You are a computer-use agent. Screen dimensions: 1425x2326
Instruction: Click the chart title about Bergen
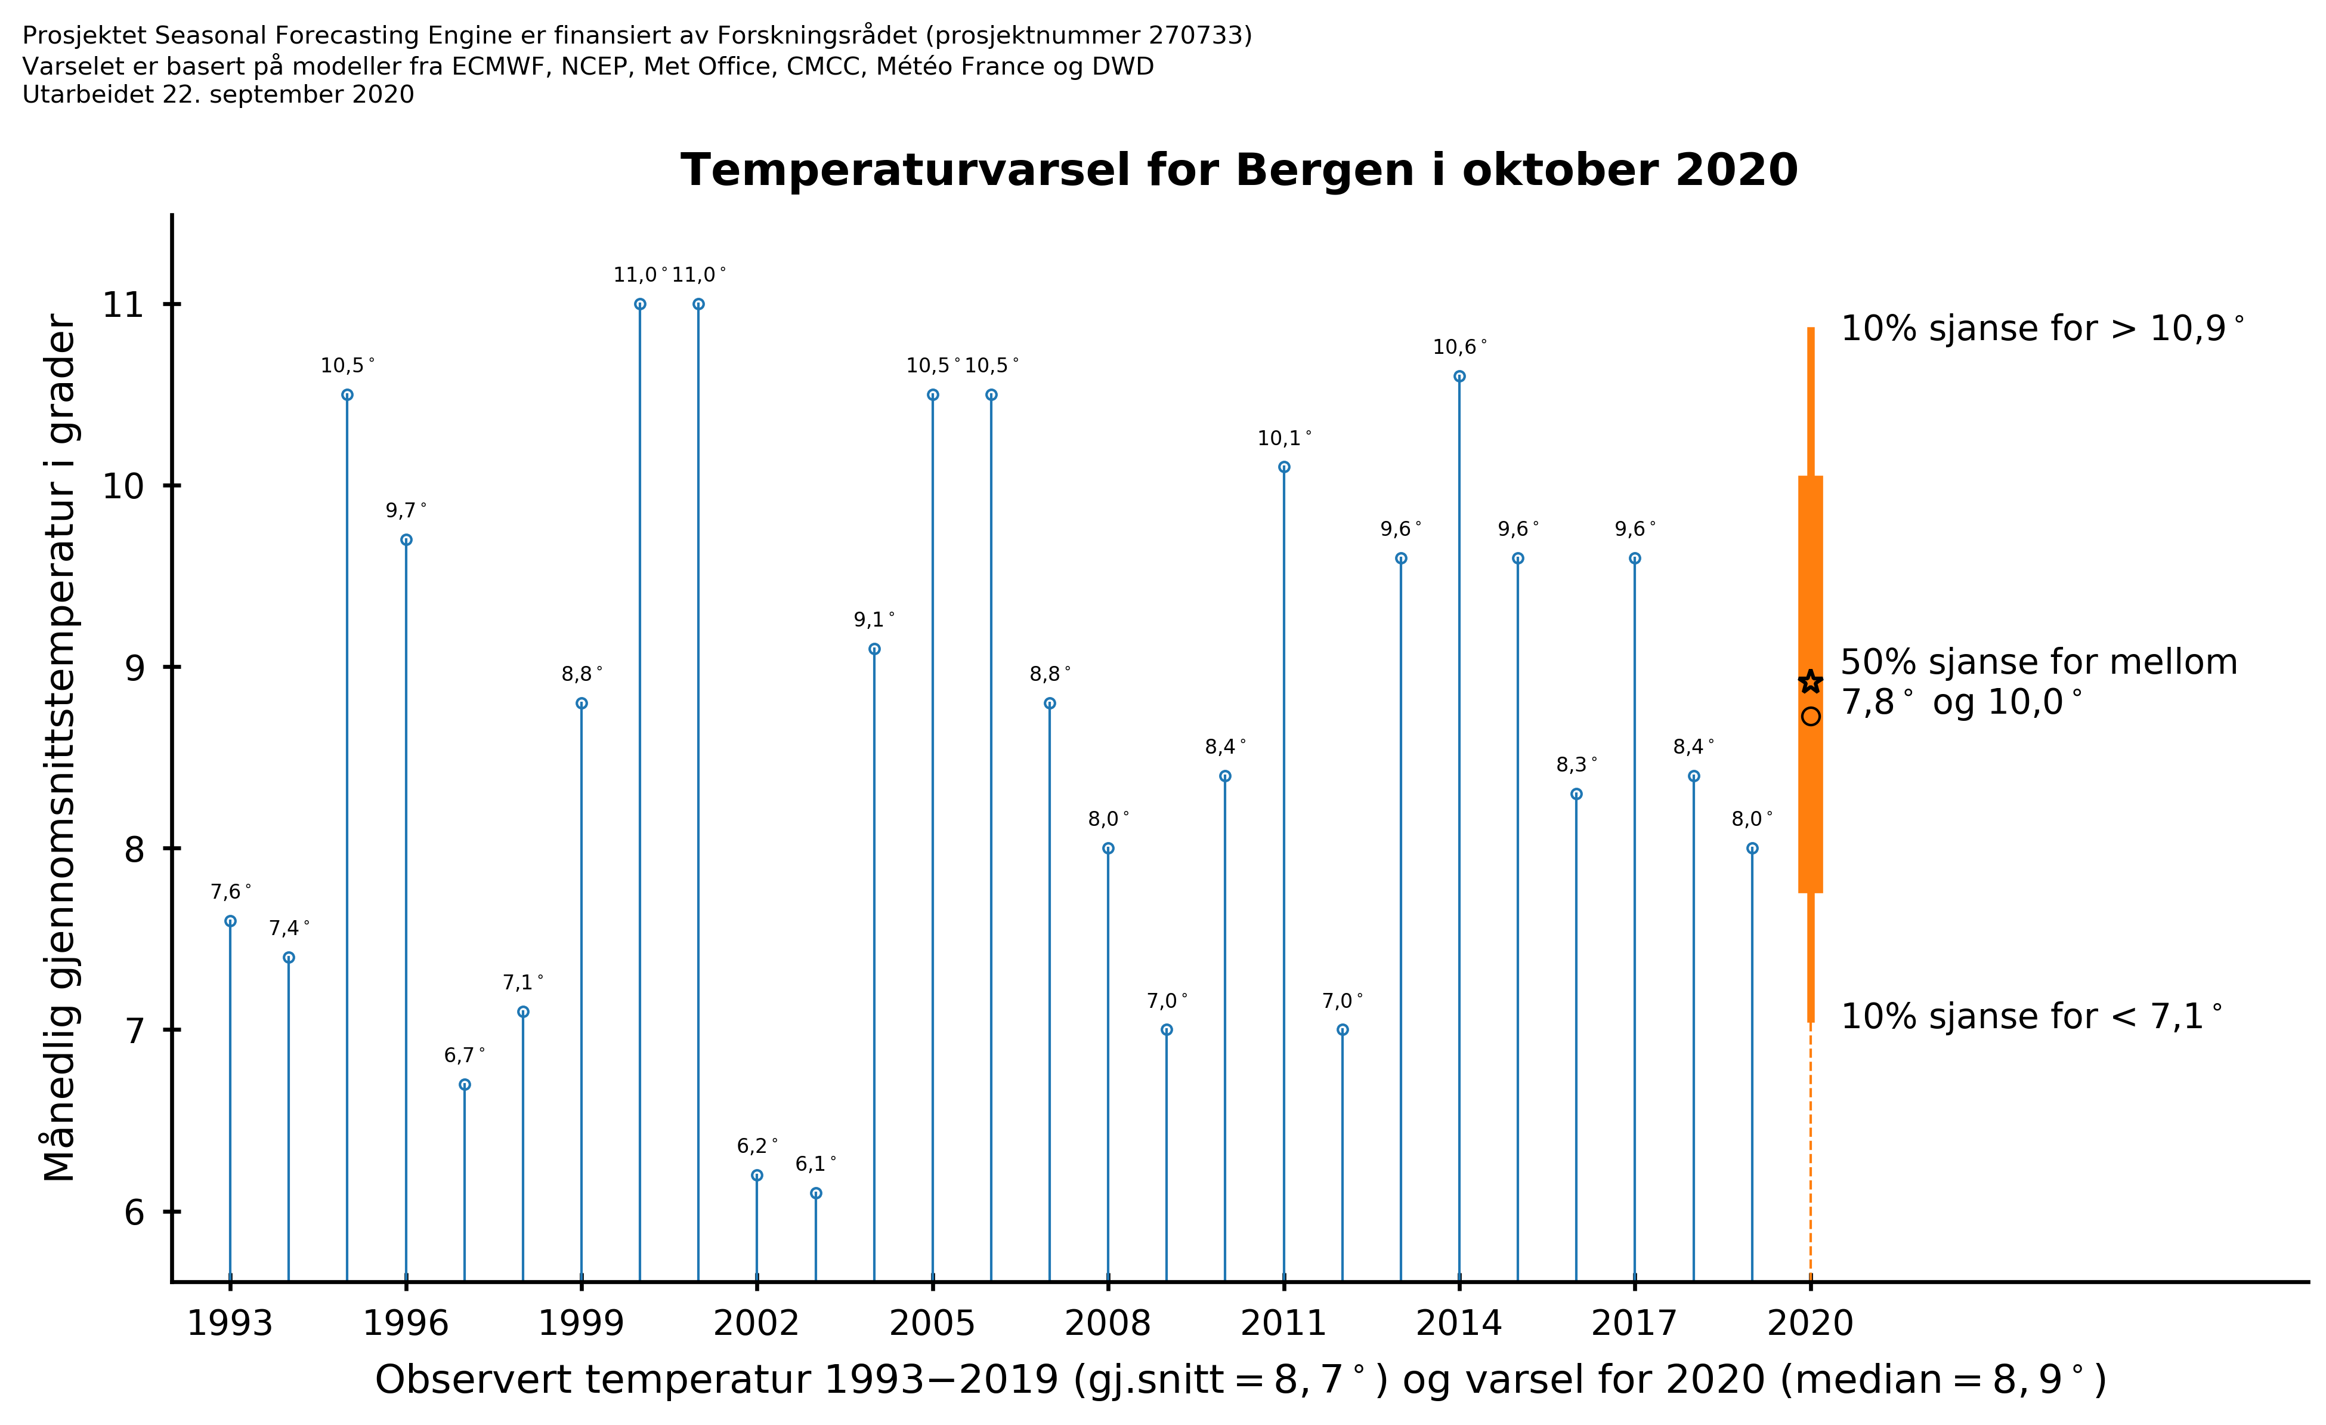(1239, 171)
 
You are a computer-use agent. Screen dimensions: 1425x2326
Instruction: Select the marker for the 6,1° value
(816, 1193)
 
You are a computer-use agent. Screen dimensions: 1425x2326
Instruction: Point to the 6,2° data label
(756, 1146)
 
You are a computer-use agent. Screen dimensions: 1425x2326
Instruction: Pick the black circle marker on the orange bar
(1810, 717)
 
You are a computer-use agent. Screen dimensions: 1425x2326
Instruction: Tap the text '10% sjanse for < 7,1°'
(2031, 1016)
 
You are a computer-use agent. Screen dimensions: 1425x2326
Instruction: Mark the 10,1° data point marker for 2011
(1284, 467)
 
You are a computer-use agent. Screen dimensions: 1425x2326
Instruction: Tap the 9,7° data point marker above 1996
(406, 540)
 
